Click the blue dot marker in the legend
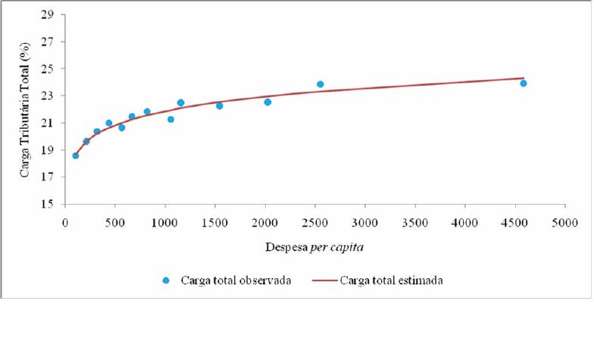click(x=166, y=280)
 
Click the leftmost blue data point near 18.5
click(x=76, y=155)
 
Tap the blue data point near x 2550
click(x=320, y=84)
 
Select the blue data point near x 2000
click(x=267, y=102)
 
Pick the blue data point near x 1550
click(x=220, y=106)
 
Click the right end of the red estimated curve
click(x=524, y=77)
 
